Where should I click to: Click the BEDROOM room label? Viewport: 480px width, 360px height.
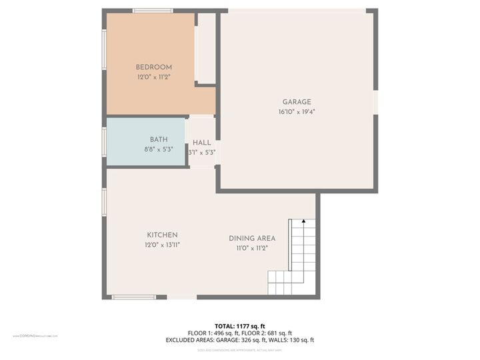point(154,67)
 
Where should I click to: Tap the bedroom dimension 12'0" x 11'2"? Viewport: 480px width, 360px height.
point(154,77)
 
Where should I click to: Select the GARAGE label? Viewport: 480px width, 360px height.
point(297,102)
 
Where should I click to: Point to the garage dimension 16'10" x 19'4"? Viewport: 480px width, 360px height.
point(297,112)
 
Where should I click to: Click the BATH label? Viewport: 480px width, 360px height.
point(159,139)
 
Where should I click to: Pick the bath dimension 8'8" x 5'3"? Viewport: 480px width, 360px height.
point(158,149)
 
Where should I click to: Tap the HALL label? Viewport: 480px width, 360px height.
point(202,143)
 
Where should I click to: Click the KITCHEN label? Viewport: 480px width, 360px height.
point(162,235)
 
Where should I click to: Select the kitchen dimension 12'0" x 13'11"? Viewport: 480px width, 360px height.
point(162,245)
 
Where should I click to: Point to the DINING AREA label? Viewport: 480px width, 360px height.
point(252,238)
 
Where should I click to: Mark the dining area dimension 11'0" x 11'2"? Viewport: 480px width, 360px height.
point(252,248)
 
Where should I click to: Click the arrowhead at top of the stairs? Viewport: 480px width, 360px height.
point(303,221)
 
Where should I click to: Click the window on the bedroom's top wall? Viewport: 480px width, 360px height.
point(153,11)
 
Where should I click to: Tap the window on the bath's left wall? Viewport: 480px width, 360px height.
point(104,142)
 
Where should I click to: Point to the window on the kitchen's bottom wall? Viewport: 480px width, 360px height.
point(133,297)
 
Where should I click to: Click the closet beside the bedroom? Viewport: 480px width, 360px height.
point(206,48)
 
